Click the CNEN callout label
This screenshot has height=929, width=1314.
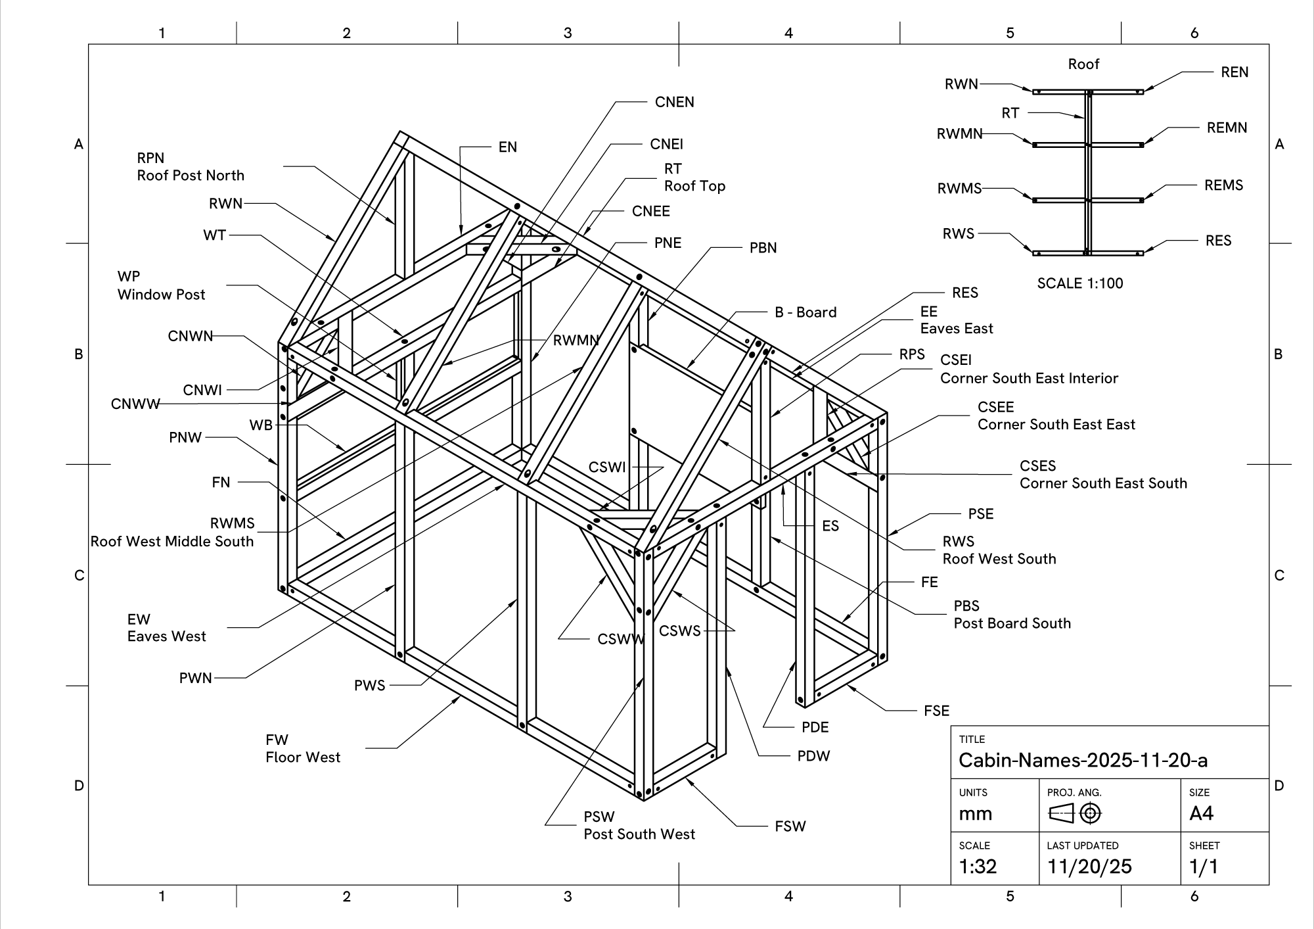(674, 102)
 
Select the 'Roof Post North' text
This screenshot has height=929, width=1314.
(191, 176)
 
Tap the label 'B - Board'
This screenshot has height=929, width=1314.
(805, 312)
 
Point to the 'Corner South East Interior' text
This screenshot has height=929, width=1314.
(1029, 378)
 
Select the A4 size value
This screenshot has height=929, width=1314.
(1201, 814)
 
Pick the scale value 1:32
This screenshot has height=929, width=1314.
(978, 867)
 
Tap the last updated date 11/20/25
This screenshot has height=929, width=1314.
(1089, 867)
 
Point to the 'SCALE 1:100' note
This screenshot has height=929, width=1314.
(1080, 283)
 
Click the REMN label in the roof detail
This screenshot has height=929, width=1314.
(1227, 128)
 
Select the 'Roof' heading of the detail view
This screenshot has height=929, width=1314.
(1083, 64)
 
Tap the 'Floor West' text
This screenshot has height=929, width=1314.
(303, 757)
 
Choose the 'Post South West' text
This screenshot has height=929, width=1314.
(639, 834)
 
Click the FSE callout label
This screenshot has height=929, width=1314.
(936, 711)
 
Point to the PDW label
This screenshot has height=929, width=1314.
(813, 756)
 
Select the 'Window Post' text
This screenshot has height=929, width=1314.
(162, 295)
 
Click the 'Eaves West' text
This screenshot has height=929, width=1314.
(167, 636)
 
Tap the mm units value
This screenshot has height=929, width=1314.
(975, 814)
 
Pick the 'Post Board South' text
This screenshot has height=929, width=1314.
(1012, 623)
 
